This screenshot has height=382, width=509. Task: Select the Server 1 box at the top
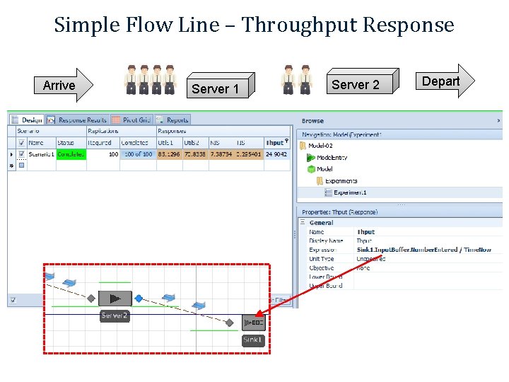219,88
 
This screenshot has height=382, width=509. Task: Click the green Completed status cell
71,154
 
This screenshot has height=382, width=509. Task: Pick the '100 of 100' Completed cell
138,154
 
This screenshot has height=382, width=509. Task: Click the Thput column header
276,142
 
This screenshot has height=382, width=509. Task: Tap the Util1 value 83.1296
169,154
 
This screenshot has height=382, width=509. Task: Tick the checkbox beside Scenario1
22,154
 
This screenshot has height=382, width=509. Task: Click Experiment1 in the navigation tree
351,192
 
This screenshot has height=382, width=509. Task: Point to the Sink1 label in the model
253,340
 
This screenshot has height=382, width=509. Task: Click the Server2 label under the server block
114,316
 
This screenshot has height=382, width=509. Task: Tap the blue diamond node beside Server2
139,299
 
